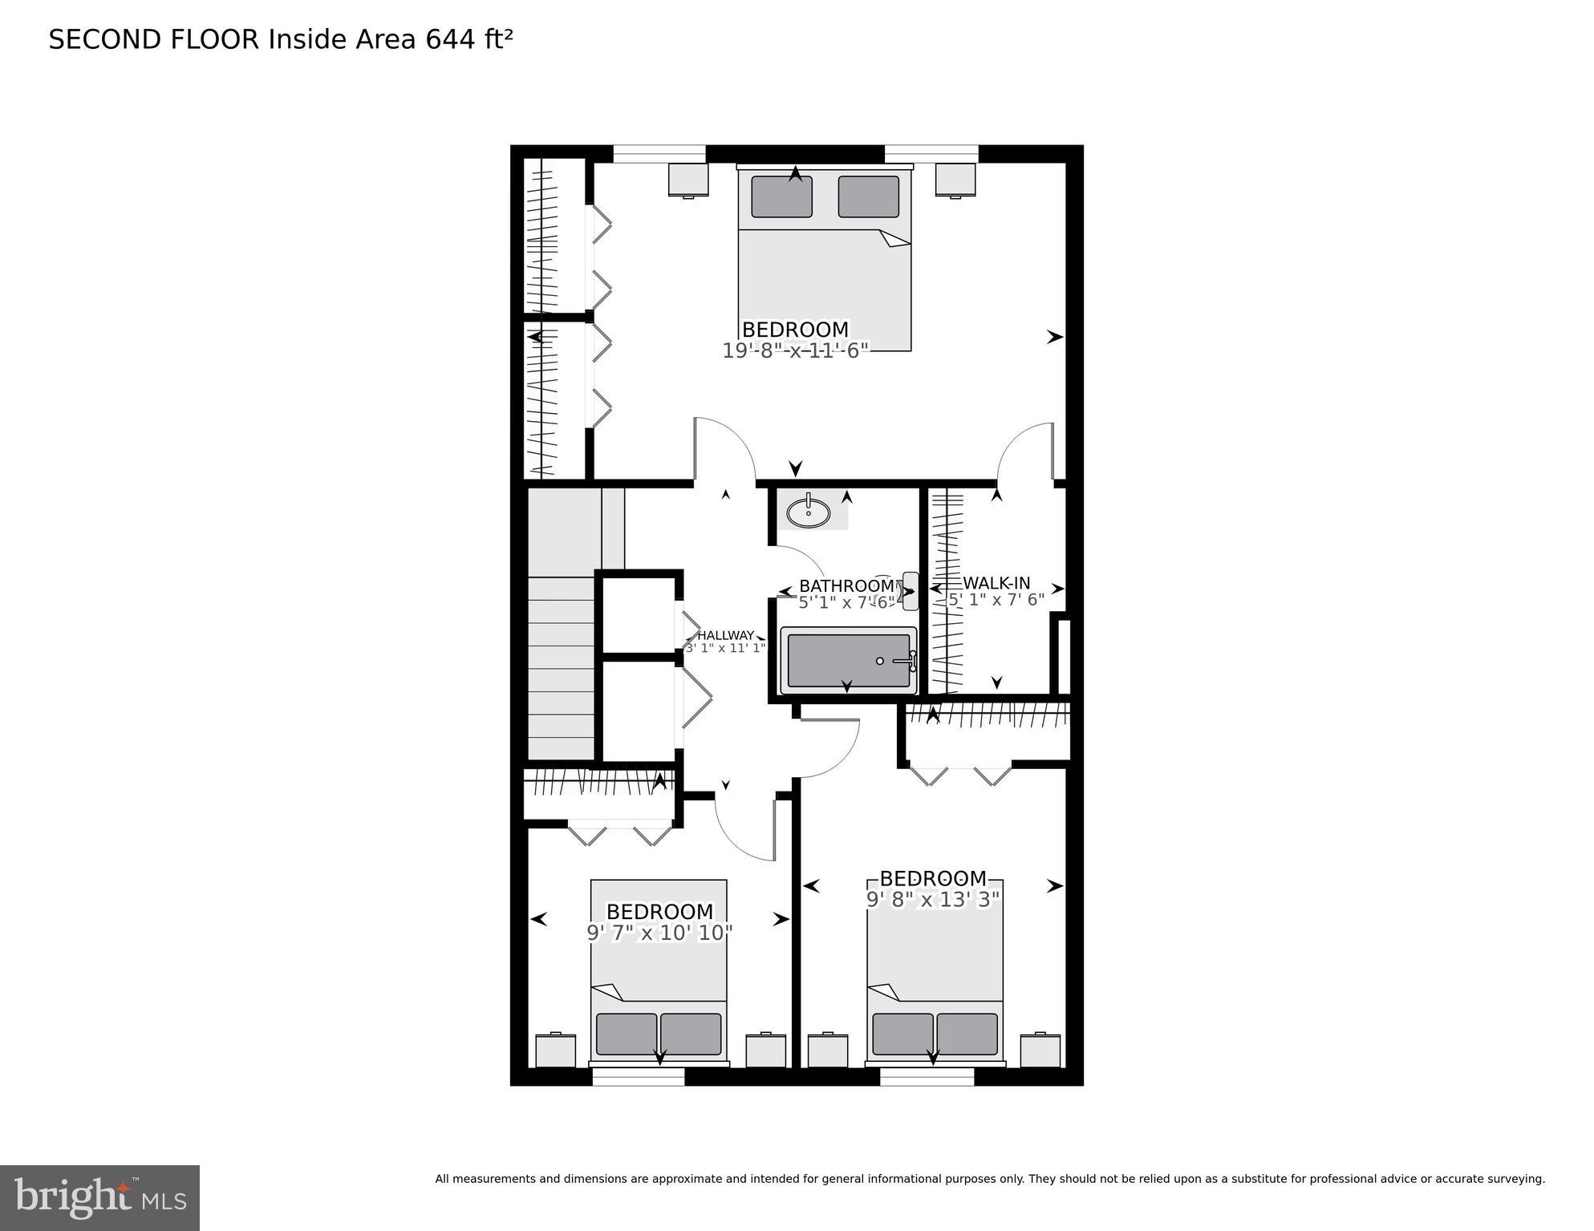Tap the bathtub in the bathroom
[849, 661]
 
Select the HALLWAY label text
[725, 635]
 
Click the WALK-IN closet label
[996, 583]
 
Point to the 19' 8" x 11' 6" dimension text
[796, 350]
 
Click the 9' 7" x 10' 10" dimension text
[659, 933]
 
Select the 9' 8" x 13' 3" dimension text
[933, 899]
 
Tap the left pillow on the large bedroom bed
[781, 196]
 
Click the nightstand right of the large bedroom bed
[955, 180]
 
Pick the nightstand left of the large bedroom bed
[688, 180]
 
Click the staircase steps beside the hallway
[561, 666]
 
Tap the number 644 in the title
[451, 39]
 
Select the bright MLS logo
[99, 1197]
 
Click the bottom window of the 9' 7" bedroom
[639, 1076]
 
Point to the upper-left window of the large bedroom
[659, 153]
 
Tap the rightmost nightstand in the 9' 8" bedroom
[1040, 1051]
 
